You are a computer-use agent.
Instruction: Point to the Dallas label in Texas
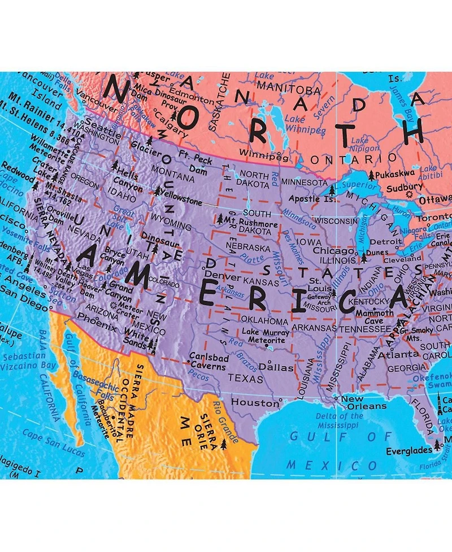(277, 367)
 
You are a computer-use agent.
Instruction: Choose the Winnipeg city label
(259, 153)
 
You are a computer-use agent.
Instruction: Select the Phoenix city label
(97, 328)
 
